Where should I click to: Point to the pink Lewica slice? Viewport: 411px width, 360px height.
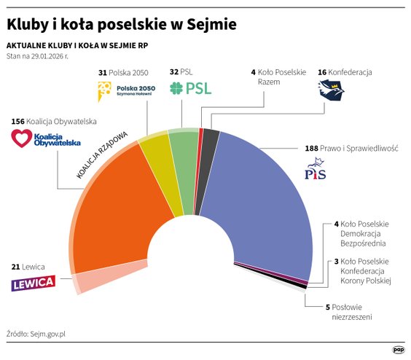pos(90,280)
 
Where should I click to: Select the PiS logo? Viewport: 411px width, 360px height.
pos(315,173)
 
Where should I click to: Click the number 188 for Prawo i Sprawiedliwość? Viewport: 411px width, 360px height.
pos(311,148)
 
